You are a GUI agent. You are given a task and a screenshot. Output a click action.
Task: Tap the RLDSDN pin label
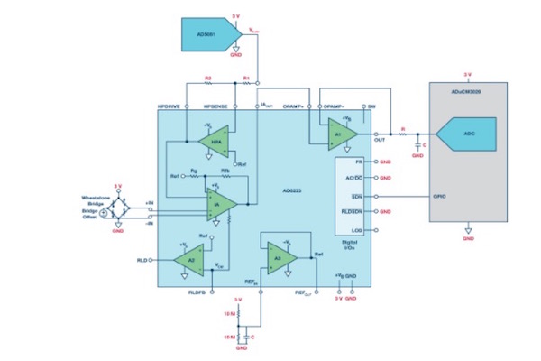pos(353,212)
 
